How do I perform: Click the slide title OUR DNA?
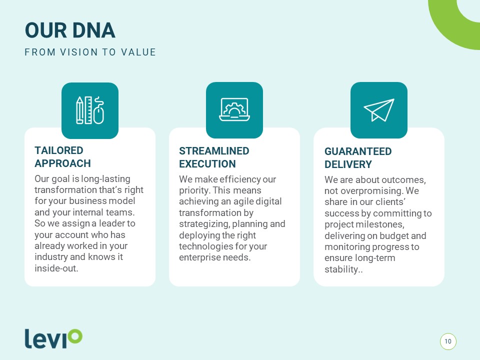(70, 30)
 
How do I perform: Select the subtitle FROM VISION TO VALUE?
(90, 52)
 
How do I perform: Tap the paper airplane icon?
(379, 110)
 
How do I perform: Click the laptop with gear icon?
(234, 109)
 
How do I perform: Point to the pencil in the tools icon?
(79, 110)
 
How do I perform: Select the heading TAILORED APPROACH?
(63, 156)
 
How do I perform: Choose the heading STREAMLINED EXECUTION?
(214, 157)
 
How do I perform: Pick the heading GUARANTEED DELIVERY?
(358, 158)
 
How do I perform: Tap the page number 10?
(448, 341)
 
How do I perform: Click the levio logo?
(53, 338)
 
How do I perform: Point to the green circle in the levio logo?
(75, 336)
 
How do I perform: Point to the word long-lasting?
(105, 179)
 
